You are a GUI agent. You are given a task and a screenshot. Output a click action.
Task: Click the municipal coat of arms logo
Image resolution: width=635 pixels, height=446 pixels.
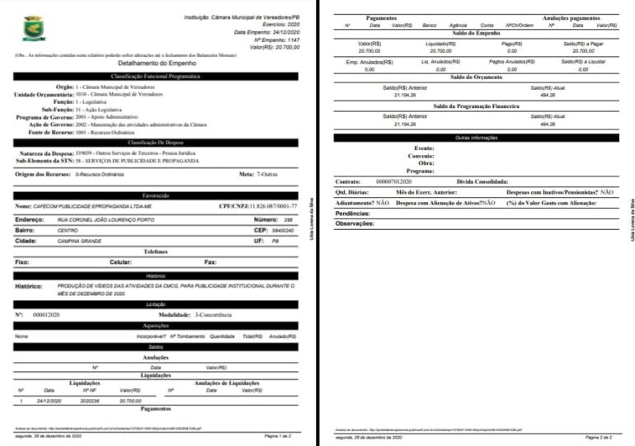click(34, 28)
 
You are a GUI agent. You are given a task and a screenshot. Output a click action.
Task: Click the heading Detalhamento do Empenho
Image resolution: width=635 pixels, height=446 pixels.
click(156, 63)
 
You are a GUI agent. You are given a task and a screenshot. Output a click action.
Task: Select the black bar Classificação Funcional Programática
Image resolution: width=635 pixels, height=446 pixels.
click(156, 76)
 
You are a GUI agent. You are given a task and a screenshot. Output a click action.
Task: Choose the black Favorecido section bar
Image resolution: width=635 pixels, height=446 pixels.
click(156, 195)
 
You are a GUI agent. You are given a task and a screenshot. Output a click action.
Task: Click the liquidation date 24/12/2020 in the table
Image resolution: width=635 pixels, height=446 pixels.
click(50, 401)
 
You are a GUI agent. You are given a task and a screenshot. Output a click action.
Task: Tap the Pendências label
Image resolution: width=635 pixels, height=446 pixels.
click(353, 213)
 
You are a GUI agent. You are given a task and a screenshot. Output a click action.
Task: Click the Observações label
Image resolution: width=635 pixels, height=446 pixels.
click(355, 223)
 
